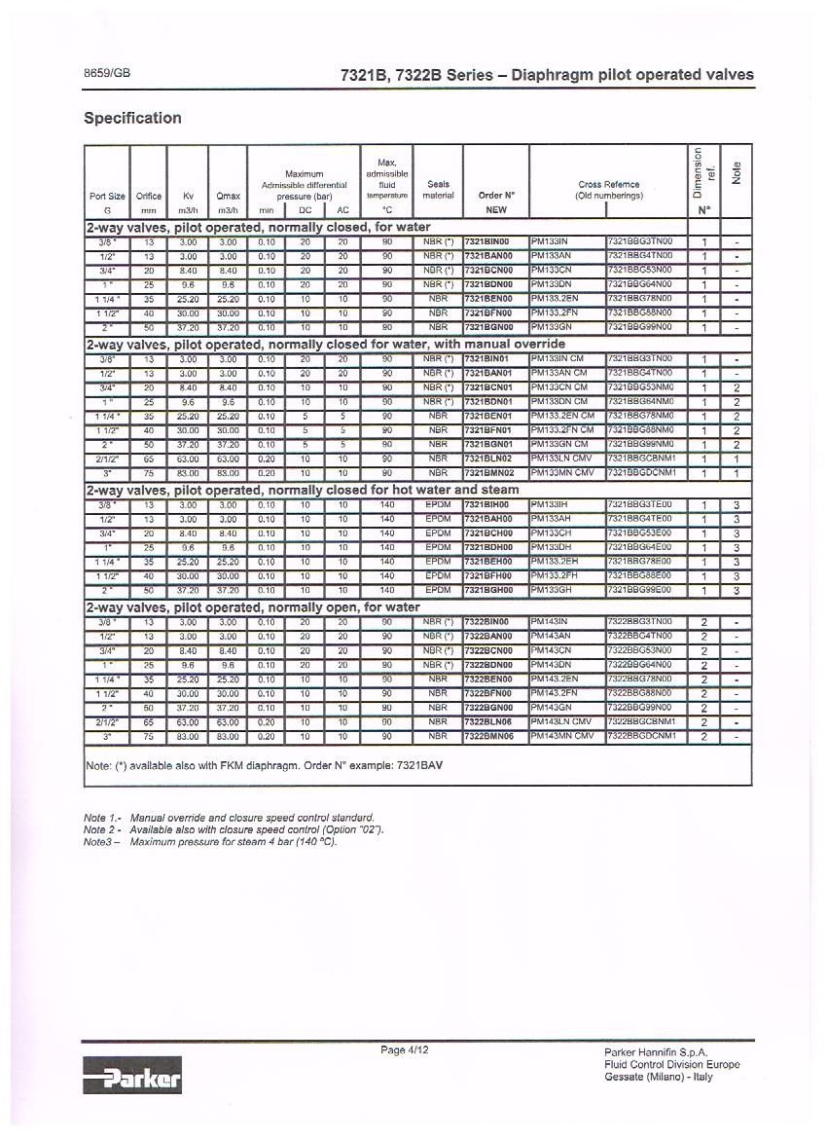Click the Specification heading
(132, 118)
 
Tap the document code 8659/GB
(106, 74)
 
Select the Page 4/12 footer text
(404, 1049)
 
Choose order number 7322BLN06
(488, 723)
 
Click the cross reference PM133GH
(552, 590)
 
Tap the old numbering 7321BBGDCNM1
(641, 473)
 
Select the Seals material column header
(438, 189)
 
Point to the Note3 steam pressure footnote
(210, 841)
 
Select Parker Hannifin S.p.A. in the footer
(656, 1052)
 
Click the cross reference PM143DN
(552, 665)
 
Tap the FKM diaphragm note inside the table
(265, 765)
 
